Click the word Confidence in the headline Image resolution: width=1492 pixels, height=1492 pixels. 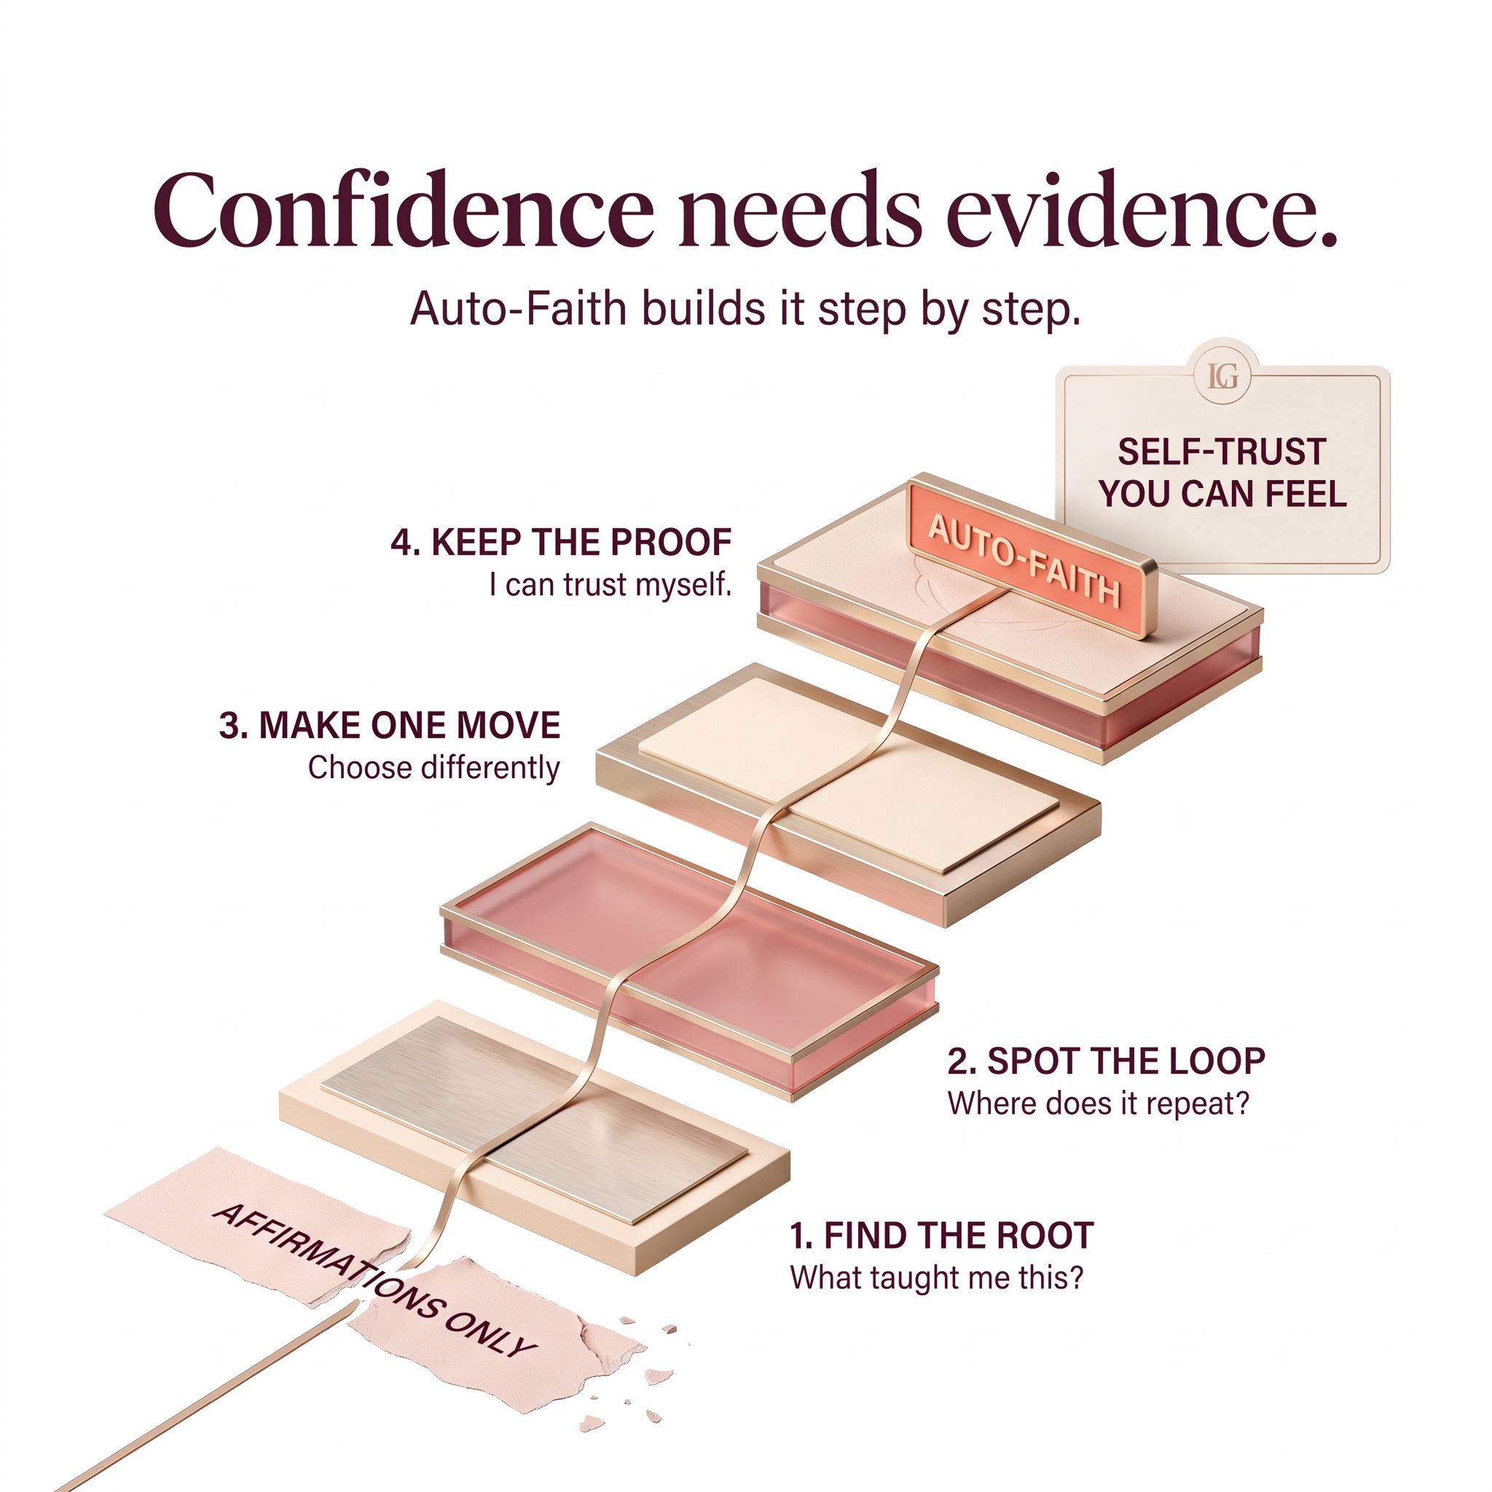403,209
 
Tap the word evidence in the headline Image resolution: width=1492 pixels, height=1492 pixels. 1142,209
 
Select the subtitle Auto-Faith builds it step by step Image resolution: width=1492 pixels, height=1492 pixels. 745,310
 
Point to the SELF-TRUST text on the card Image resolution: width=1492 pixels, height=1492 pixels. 1222,452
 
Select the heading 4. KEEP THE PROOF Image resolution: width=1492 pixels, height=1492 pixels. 562,542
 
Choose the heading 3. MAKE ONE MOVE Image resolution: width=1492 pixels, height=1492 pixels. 390,726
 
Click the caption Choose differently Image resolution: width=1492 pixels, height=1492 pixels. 434,769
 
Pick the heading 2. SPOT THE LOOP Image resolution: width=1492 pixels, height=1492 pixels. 1106,1061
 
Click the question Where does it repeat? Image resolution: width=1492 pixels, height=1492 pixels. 1098,1104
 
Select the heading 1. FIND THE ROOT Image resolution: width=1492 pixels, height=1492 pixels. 941,1236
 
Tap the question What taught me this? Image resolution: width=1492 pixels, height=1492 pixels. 937,1278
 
